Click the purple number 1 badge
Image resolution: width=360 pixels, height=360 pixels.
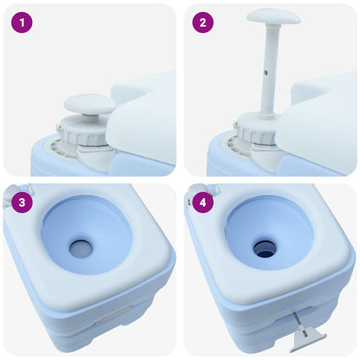coord(22,23)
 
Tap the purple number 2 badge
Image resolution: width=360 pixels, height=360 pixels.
coord(202,23)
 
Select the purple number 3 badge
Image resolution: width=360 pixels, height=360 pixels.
coord(22,205)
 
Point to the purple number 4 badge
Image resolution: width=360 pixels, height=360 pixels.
coord(202,205)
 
